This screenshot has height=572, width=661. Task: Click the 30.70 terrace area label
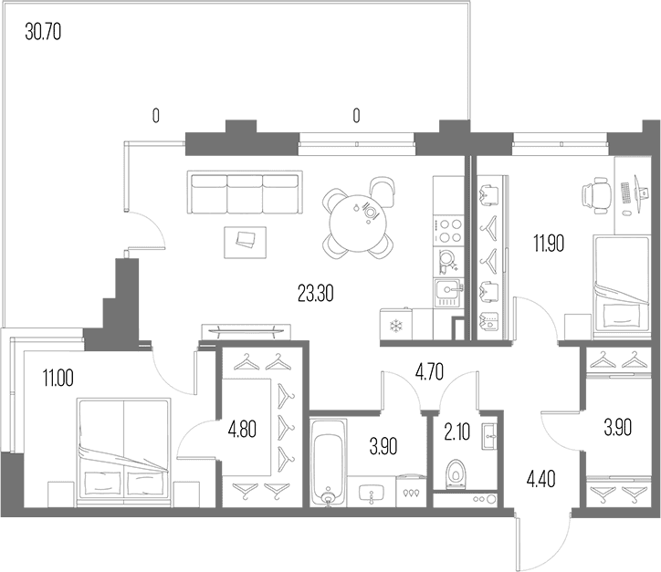click(x=43, y=32)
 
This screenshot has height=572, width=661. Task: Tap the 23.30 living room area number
click(x=315, y=294)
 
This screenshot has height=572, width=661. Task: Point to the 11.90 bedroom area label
click(x=549, y=243)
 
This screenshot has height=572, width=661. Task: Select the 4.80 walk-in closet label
click(x=242, y=430)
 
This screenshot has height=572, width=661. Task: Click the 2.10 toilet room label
click(x=457, y=432)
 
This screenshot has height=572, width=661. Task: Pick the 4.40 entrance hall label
click(x=540, y=479)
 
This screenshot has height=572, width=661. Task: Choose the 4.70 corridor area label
click(x=429, y=372)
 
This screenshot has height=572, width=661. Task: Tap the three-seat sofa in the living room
click(x=245, y=192)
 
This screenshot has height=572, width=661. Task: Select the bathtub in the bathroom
click(x=329, y=462)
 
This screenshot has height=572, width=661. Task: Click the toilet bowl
click(x=456, y=474)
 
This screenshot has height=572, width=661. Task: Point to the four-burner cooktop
click(x=448, y=231)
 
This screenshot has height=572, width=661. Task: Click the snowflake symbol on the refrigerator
click(x=395, y=326)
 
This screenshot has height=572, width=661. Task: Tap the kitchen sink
click(x=447, y=293)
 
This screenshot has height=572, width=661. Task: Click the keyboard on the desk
click(x=625, y=193)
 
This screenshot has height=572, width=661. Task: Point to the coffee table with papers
click(x=246, y=242)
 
